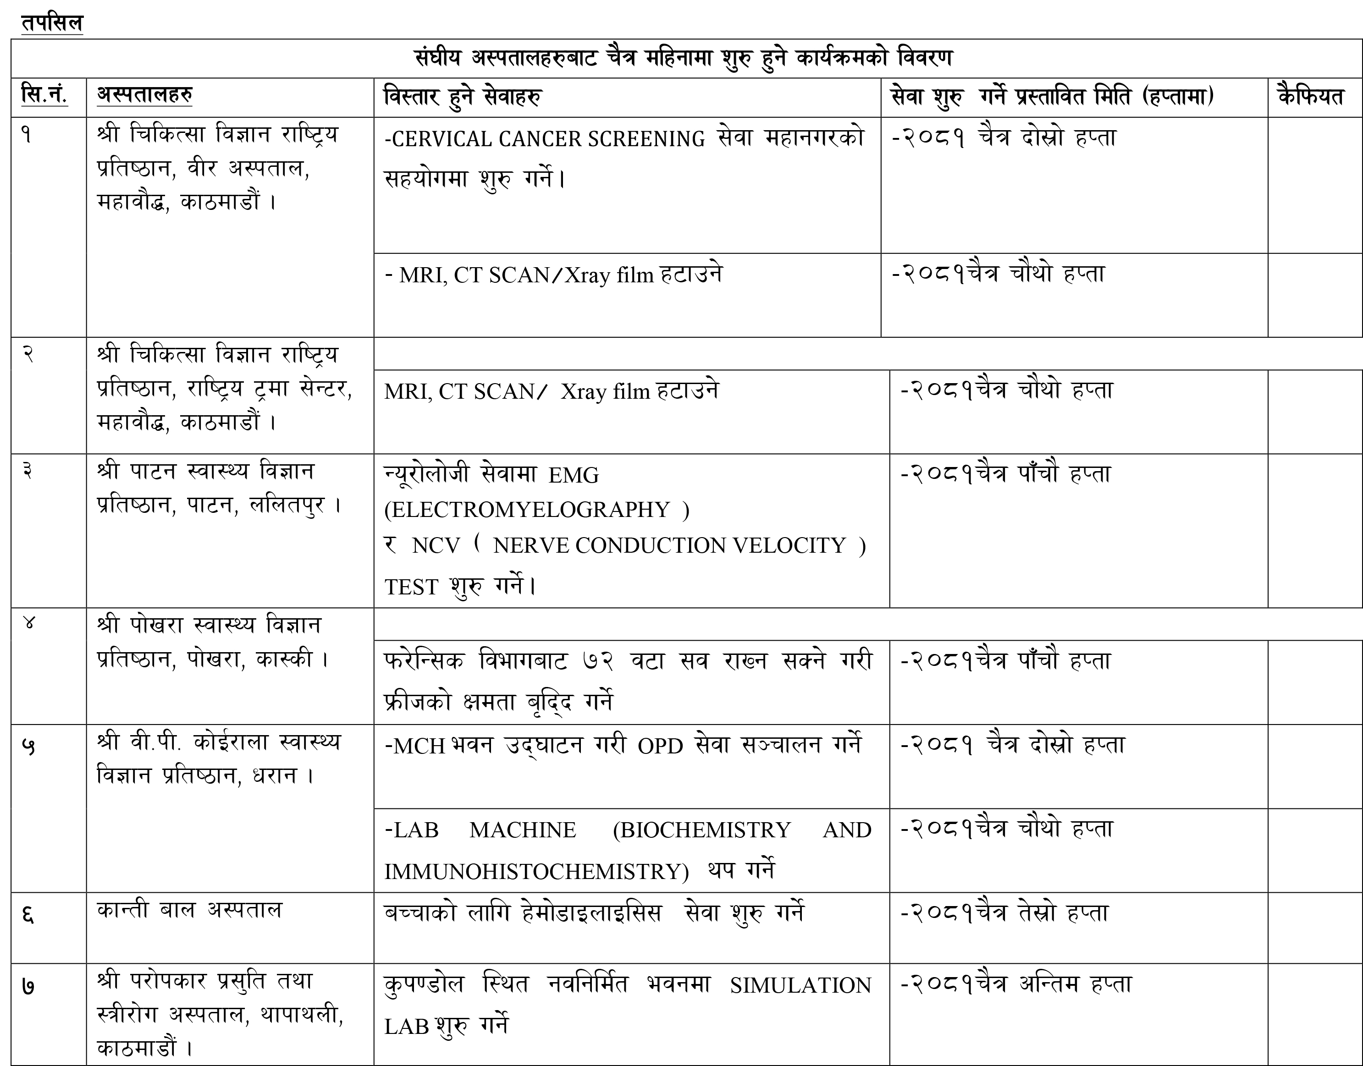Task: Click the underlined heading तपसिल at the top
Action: coord(52,22)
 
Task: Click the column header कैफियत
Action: coord(1310,97)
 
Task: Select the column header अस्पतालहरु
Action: coord(144,95)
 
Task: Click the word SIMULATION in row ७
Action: coord(800,985)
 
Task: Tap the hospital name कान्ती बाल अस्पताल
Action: coord(189,911)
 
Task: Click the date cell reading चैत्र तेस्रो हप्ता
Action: coord(1004,913)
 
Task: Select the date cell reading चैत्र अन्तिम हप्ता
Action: coord(1015,984)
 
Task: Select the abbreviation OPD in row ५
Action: coord(660,746)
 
